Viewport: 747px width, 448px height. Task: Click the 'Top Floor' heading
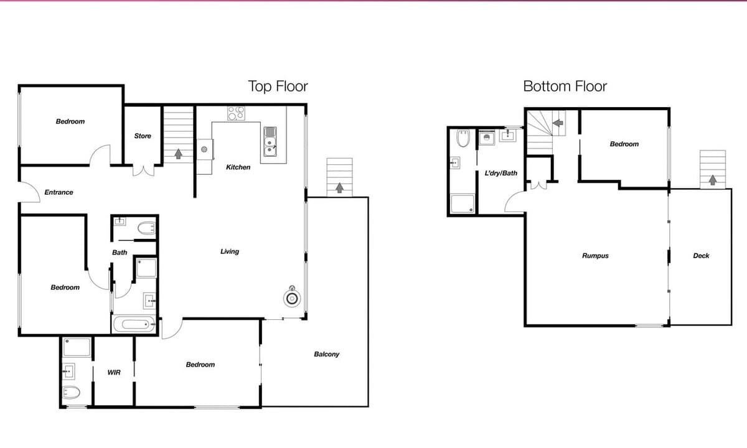pos(278,86)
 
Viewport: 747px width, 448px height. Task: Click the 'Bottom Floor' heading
pos(565,86)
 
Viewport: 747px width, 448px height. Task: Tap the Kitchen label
pos(238,167)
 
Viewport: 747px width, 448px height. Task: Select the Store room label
pos(143,136)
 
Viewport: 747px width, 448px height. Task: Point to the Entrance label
pos(59,192)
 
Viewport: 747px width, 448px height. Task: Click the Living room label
pos(230,251)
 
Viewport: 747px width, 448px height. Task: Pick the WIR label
pos(114,372)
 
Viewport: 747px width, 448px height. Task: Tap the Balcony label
pos(326,354)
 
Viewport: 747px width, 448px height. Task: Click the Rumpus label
pos(595,256)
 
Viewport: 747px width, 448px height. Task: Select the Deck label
pos(701,256)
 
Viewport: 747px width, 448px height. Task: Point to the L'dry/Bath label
pos(501,173)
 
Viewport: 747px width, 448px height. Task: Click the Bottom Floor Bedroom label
pos(624,144)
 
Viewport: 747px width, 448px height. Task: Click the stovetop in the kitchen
pos(236,113)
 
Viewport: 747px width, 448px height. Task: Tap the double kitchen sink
pos(270,142)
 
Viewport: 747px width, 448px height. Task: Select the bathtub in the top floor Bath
pos(134,324)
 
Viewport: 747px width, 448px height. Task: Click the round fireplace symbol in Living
pos(292,297)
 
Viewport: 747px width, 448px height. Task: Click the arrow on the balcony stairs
pos(339,188)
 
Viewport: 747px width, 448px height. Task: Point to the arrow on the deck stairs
pos(713,180)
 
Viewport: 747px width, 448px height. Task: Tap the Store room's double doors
pos(143,170)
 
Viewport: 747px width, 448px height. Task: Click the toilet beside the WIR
pos(72,393)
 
